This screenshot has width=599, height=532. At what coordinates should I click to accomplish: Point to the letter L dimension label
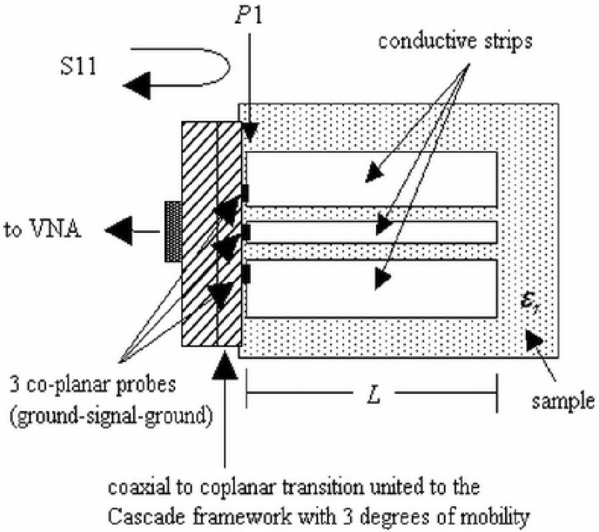[x=373, y=392]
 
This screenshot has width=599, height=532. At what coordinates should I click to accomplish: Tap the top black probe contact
[x=245, y=192]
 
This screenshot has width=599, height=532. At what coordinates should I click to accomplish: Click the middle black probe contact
[x=245, y=232]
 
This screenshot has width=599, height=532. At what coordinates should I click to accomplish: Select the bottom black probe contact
[x=245, y=273]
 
